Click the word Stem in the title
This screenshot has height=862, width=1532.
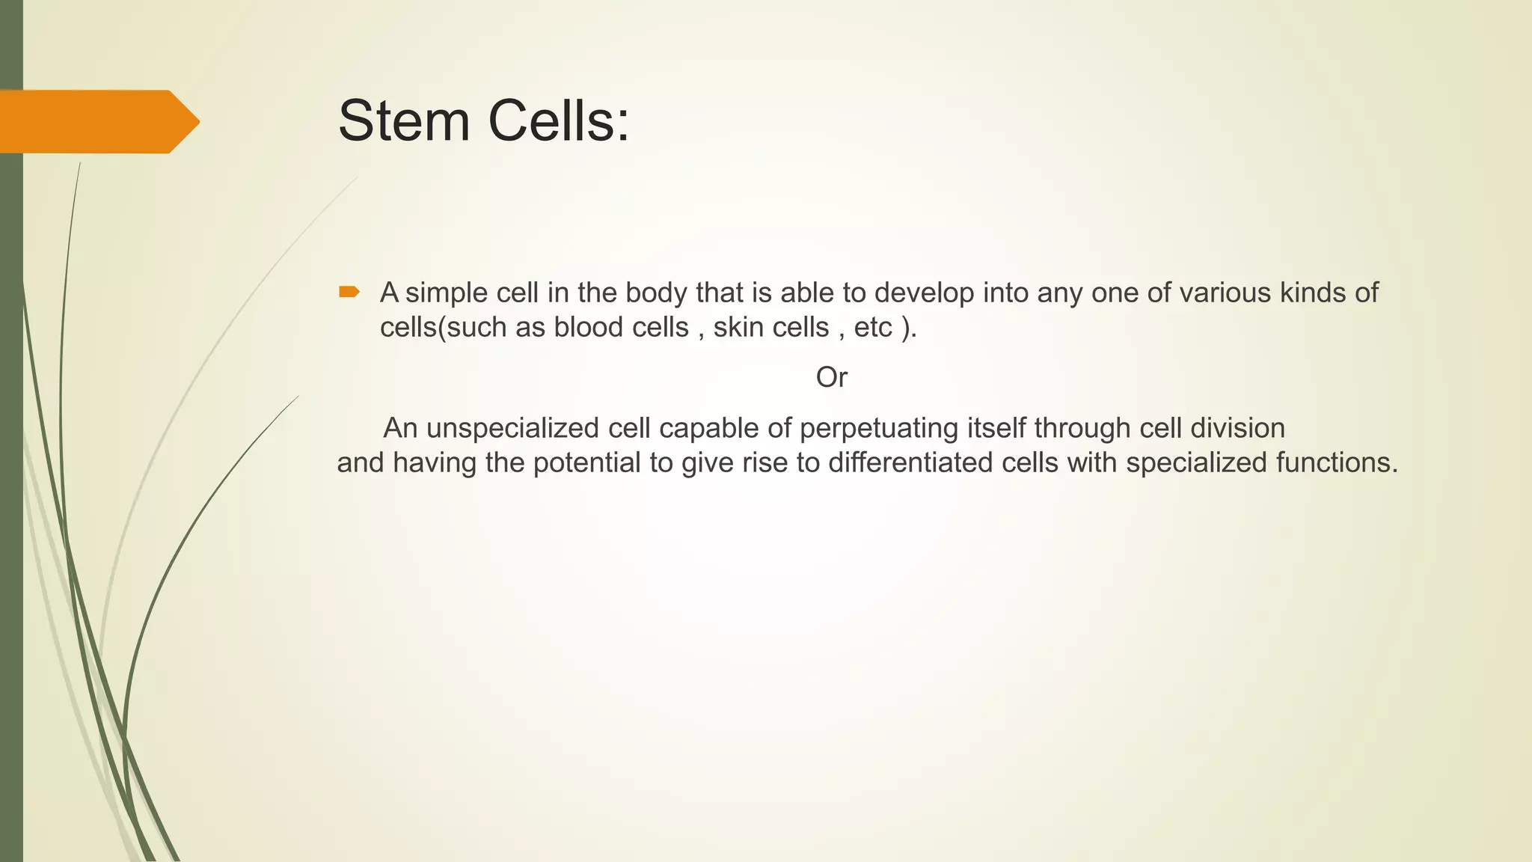(x=404, y=121)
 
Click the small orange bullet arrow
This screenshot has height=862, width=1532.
(x=349, y=292)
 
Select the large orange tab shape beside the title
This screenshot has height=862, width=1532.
(x=97, y=121)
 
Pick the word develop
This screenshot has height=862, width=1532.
(x=924, y=293)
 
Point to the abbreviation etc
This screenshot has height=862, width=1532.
(x=873, y=328)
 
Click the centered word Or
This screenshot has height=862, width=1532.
(x=831, y=378)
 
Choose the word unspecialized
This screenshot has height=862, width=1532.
(x=512, y=429)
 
